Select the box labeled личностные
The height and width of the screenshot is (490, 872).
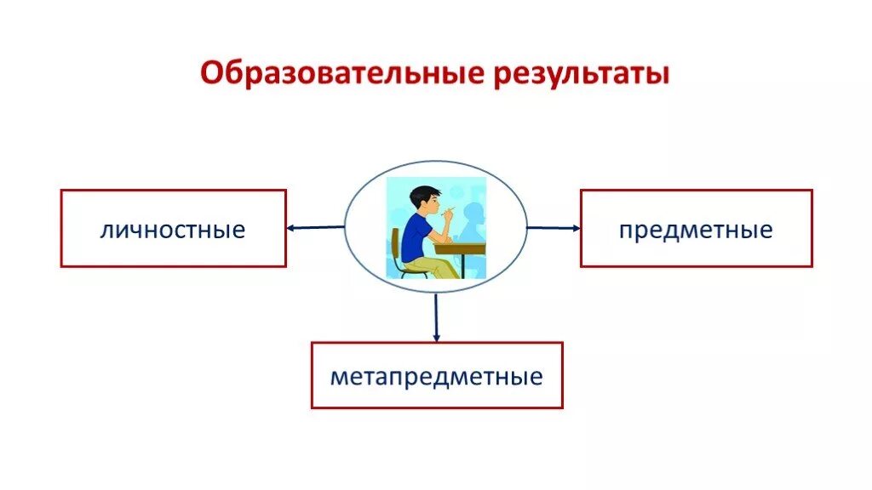tap(173, 229)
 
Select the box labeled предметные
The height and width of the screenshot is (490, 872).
tap(696, 229)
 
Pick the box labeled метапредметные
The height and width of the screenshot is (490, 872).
tap(436, 375)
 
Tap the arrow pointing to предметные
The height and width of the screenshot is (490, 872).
tap(553, 227)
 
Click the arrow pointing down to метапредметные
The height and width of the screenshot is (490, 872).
tap(436, 316)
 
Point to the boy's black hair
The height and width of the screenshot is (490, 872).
tap(422, 194)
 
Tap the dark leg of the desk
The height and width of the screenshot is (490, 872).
tap(460, 265)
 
